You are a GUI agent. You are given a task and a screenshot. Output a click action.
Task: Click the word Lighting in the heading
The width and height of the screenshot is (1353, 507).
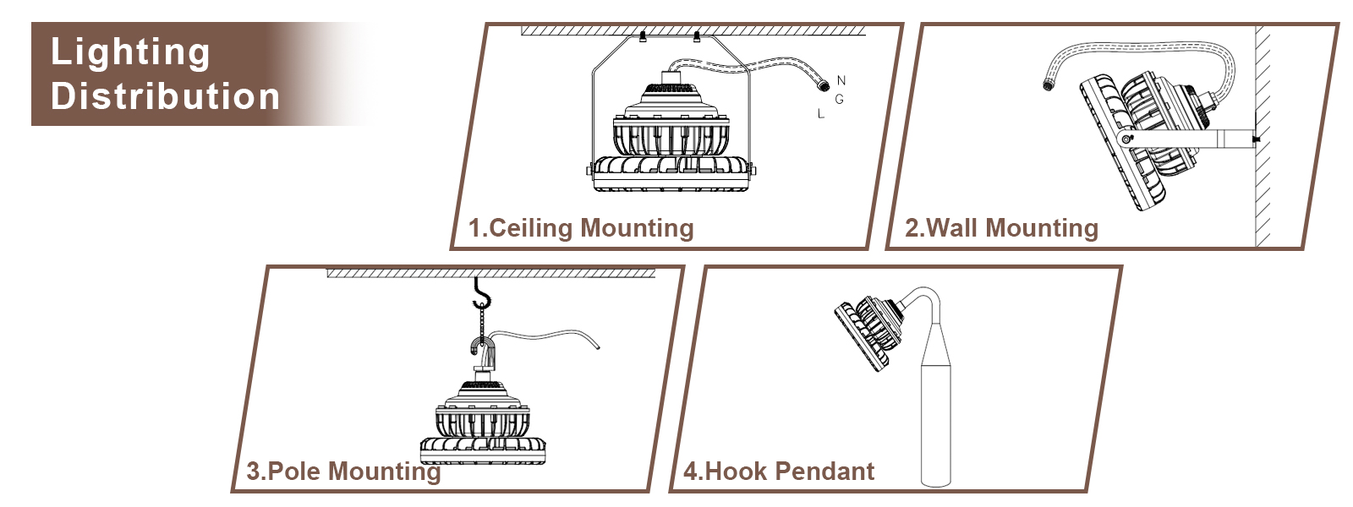[130, 52]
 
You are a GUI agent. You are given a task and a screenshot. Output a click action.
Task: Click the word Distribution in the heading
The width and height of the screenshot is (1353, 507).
[165, 96]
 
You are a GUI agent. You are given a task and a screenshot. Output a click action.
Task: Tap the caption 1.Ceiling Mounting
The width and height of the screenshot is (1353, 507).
[581, 228]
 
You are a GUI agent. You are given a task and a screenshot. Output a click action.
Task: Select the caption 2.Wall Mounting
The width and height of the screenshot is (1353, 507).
[1001, 228]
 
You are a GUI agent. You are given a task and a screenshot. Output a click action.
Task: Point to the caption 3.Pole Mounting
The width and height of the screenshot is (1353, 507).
[343, 472]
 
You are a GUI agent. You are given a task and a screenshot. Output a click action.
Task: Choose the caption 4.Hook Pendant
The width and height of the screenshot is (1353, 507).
[779, 472]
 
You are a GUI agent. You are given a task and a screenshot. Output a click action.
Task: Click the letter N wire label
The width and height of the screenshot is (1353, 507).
[841, 81]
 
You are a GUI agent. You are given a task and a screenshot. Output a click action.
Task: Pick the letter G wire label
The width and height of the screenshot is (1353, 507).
[839, 100]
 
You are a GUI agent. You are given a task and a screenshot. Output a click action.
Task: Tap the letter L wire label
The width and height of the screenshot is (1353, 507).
[820, 114]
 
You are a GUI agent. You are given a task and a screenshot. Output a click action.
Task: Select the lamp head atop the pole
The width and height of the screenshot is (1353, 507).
[867, 331]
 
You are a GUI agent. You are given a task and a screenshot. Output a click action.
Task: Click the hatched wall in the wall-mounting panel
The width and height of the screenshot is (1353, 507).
[1263, 135]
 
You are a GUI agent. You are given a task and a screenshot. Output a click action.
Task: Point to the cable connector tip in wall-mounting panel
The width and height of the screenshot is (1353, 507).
[1049, 84]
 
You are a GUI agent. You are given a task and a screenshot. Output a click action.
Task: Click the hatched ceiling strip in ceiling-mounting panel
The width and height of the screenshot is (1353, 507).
[693, 31]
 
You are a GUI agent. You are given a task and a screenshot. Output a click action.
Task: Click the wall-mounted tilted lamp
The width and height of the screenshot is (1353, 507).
[1142, 135]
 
